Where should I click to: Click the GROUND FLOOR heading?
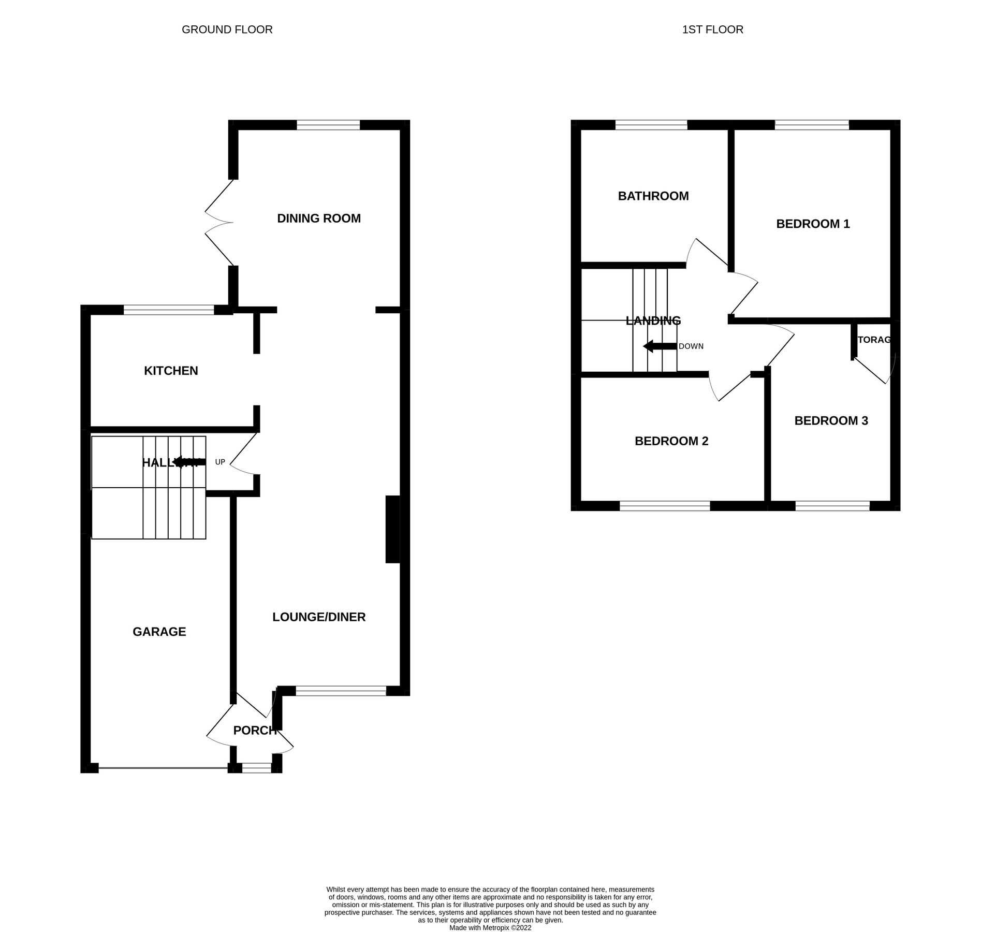tap(227, 30)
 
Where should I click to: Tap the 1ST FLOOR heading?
tap(712, 30)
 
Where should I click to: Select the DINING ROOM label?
tap(318, 218)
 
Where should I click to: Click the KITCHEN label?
tap(171, 371)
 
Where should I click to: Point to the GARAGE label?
tap(159, 632)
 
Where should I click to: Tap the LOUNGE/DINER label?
tap(319, 617)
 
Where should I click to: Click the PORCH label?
tap(255, 731)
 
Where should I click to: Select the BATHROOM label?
tap(653, 196)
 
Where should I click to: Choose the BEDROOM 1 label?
tap(813, 224)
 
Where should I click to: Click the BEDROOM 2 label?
tap(671, 441)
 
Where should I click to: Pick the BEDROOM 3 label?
tap(831, 421)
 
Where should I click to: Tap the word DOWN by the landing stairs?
tap(691, 346)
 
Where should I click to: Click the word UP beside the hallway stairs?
tap(220, 462)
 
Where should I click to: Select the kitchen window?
tap(169, 310)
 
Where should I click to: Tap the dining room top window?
tap(328, 125)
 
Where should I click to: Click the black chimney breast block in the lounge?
tap(392, 529)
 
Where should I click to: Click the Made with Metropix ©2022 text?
tap(490, 928)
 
